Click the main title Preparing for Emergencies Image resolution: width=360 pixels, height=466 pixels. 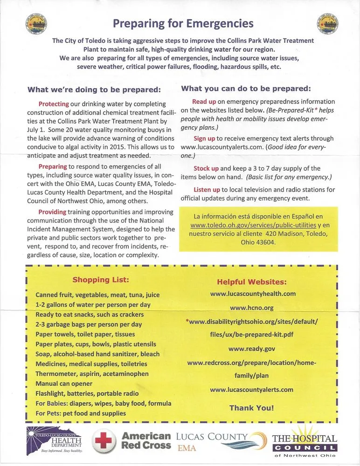click(x=183, y=23)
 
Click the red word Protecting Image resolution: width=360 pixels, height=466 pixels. click(x=54, y=104)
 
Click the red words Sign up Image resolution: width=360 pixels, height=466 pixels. click(x=204, y=138)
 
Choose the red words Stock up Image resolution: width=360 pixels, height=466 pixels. click(x=206, y=168)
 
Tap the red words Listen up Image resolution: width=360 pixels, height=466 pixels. click(x=207, y=190)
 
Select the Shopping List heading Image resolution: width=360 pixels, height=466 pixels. click(x=100, y=280)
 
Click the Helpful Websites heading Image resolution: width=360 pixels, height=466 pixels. click(x=252, y=282)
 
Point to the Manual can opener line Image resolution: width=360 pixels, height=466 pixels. click(x=63, y=384)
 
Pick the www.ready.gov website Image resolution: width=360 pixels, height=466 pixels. click(x=252, y=349)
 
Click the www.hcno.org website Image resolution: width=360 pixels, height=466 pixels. click(x=252, y=308)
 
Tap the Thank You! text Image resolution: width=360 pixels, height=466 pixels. click(x=252, y=408)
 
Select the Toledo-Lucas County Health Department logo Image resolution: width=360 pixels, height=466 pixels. click(x=55, y=440)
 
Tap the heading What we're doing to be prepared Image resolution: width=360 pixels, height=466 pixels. click(x=94, y=90)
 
